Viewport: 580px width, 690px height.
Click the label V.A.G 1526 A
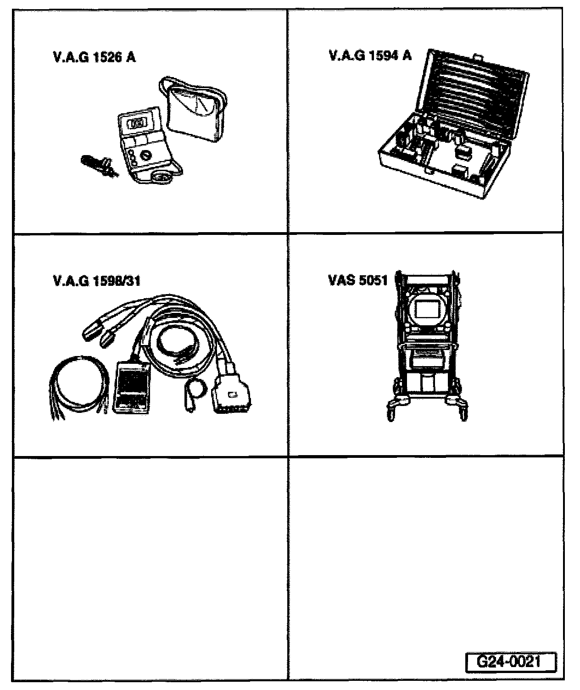click(x=95, y=58)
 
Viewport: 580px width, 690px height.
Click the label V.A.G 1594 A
click(x=370, y=56)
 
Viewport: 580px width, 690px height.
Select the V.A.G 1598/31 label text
click(x=100, y=281)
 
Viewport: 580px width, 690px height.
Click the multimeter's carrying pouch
click(x=195, y=110)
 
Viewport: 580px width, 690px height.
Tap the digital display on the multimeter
click(x=136, y=124)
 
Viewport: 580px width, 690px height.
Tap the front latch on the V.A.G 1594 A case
click(x=429, y=170)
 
